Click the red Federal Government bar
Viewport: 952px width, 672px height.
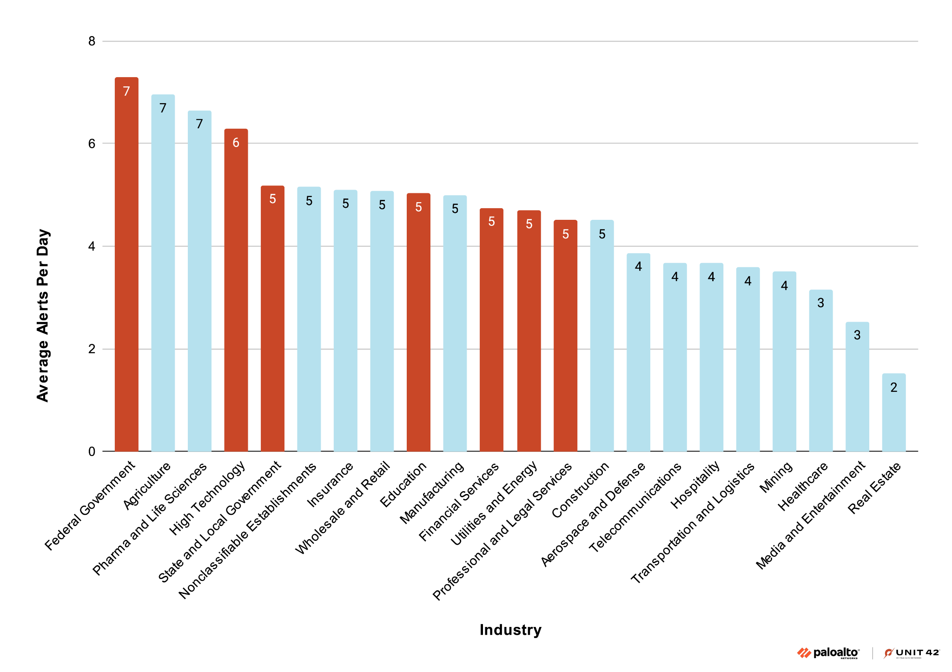pos(126,265)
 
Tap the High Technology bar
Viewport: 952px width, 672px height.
pos(236,290)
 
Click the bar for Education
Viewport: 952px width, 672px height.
pos(418,323)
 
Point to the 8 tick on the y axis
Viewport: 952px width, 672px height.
pos(92,41)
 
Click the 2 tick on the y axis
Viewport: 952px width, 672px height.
pos(92,349)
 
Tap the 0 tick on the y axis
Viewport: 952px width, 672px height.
pos(92,451)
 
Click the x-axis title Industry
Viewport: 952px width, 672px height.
pos(510,630)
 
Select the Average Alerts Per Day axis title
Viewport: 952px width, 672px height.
pos(43,315)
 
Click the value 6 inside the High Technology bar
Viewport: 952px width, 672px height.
pos(236,143)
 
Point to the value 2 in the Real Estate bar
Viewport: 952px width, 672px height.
pos(893,388)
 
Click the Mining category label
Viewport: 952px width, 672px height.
pos(776,477)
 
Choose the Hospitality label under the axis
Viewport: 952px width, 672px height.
pos(695,485)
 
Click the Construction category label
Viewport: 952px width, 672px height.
pos(581,490)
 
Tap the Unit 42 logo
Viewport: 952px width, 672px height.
pos(912,653)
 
